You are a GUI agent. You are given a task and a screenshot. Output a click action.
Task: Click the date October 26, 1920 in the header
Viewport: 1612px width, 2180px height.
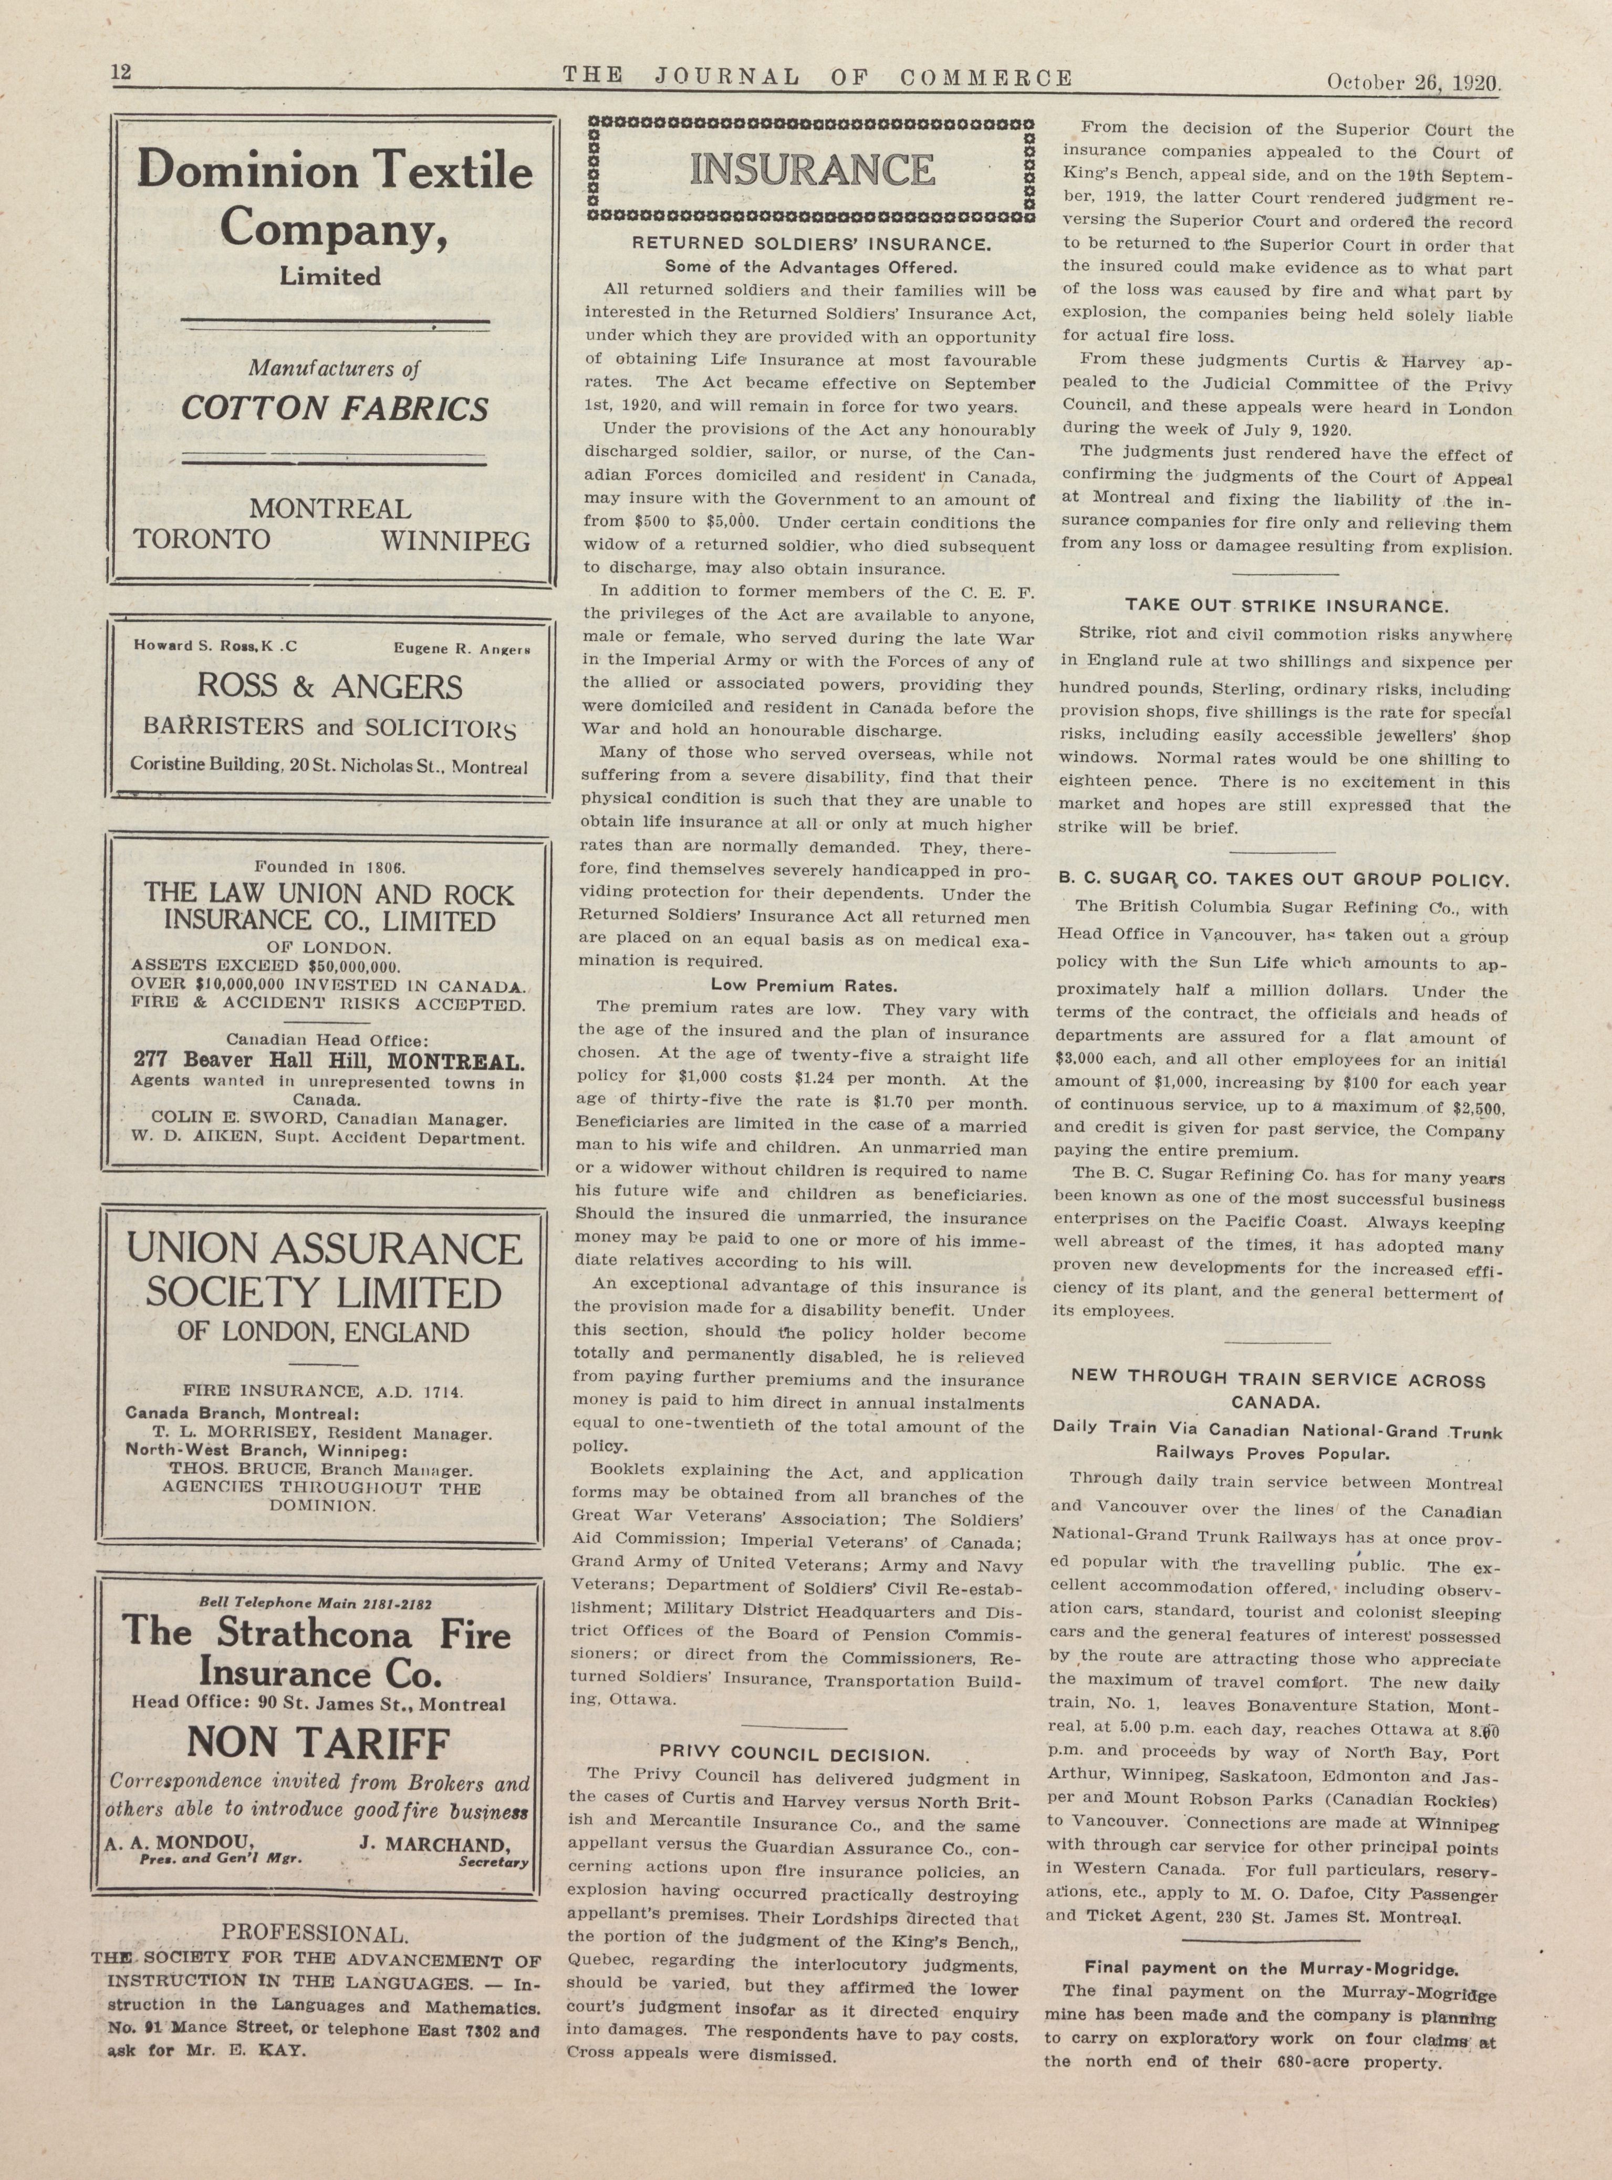(1413, 83)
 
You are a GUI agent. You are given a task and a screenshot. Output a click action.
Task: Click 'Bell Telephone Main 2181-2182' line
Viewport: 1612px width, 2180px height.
(315, 1603)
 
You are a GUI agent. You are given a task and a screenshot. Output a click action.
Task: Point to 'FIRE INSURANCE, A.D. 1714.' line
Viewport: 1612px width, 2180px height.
(324, 1391)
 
